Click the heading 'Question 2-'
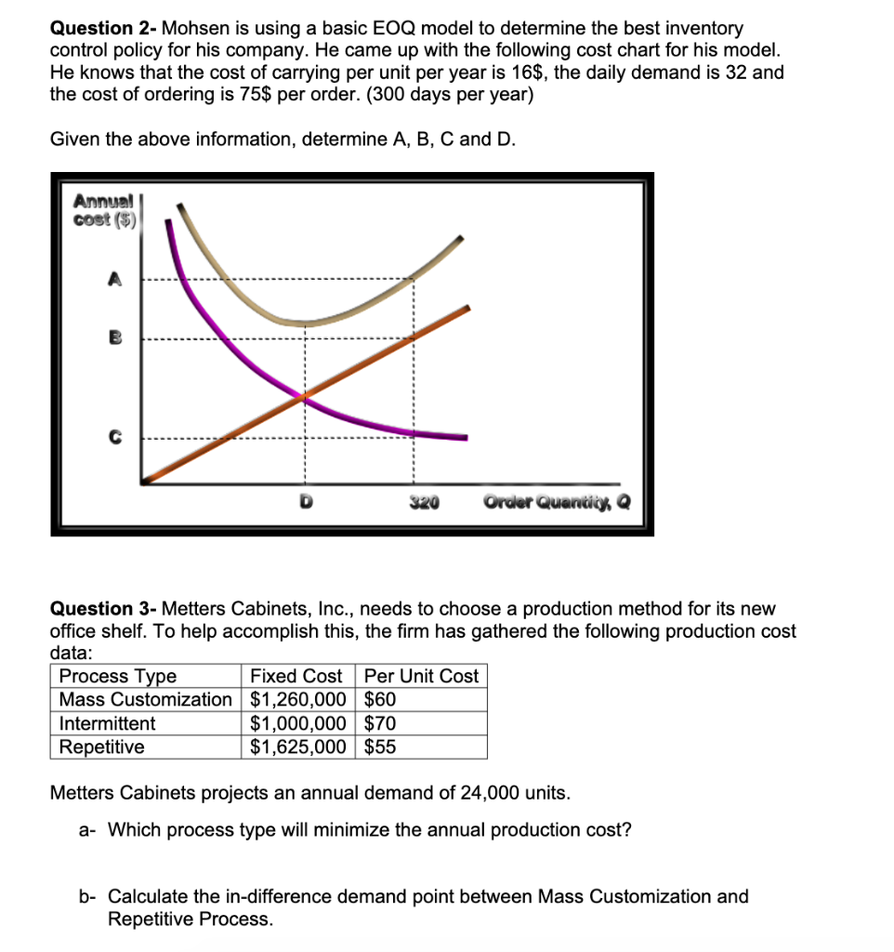tap(103, 29)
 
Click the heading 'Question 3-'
tap(103, 609)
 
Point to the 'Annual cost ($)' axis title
tap(104, 209)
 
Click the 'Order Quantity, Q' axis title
tap(557, 503)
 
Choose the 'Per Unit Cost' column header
tap(421, 676)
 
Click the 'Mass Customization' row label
tap(145, 699)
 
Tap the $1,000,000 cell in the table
tap(298, 723)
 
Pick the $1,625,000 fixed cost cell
tap(298, 747)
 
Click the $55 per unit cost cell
tap(380, 747)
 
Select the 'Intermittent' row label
tap(107, 723)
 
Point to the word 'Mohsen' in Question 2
tap(191, 29)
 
